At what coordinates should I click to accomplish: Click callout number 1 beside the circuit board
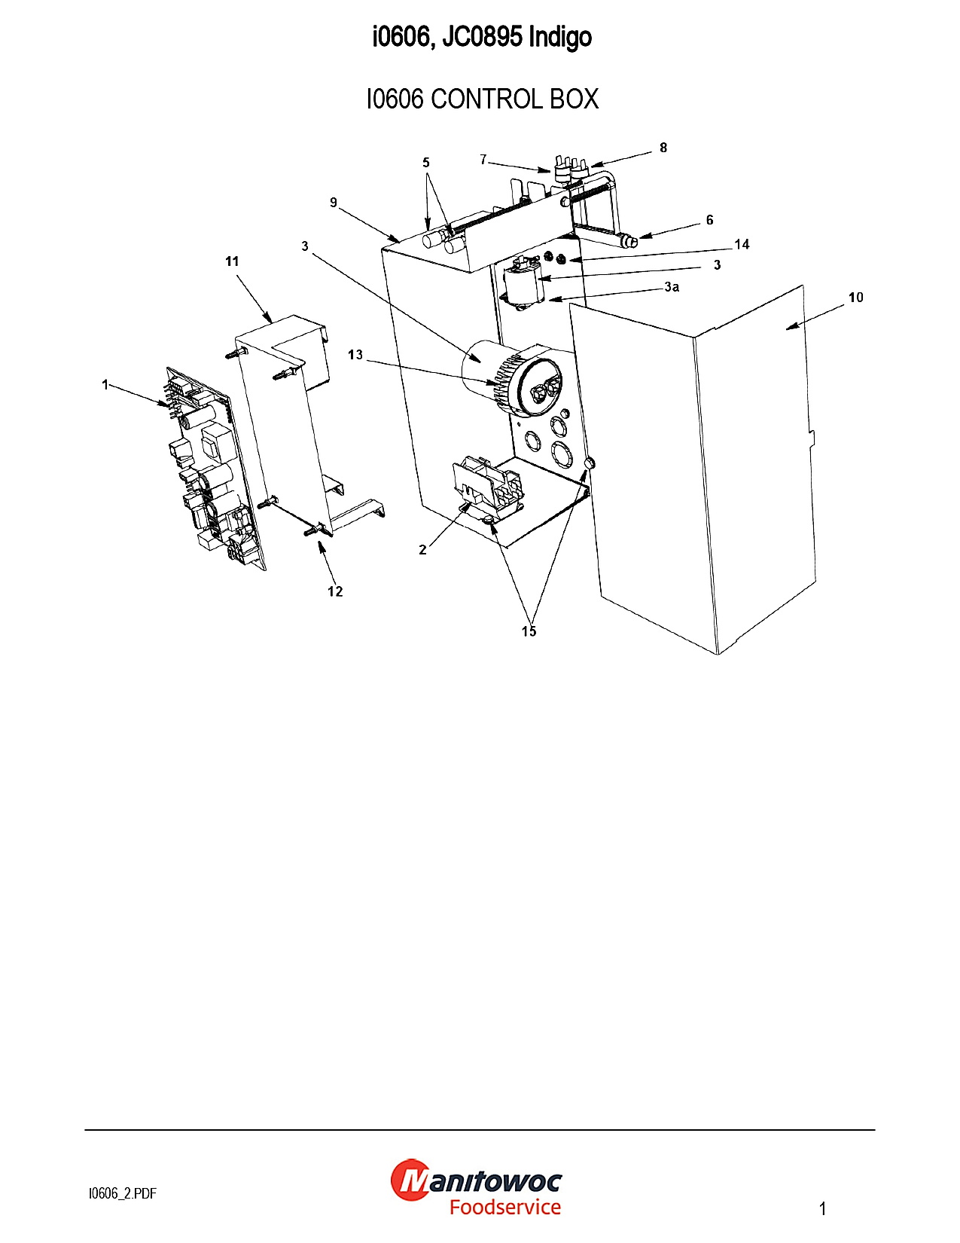pyautogui.click(x=105, y=385)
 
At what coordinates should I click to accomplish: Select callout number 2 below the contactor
pyautogui.click(x=422, y=550)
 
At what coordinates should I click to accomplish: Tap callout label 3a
pyautogui.click(x=672, y=287)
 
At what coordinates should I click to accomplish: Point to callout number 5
pyautogui.click(x=426, y=163)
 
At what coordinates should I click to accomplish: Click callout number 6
pyautogui.click(x=709, y=220)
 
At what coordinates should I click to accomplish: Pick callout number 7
pyautogui.click(x=483, y=160)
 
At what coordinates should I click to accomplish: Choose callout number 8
pyautogui.click(x=663, y=148)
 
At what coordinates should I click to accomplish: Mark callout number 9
pyautogui.click(x=334, y=203)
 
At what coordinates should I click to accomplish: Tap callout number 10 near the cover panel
pyautogui.click(x=855, y=298)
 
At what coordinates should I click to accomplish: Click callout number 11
pyautogui.click(x=232, y=261)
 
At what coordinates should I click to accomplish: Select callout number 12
pyautogui.click(x=335, y=591)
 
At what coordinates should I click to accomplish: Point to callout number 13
pyautogui.click(x=355, y=355)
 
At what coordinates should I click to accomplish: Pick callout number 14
pyautogui.click(x=742, y=244)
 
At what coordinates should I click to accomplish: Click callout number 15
pyautogui.click(x=529, y=631)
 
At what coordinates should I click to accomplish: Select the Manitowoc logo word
pyautogui.click(x=477, y=1180)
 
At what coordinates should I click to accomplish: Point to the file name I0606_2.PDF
pyautogui.click(x=123, y=1193)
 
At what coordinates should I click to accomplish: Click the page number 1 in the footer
pyautogui.click(x=823, y=1209)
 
